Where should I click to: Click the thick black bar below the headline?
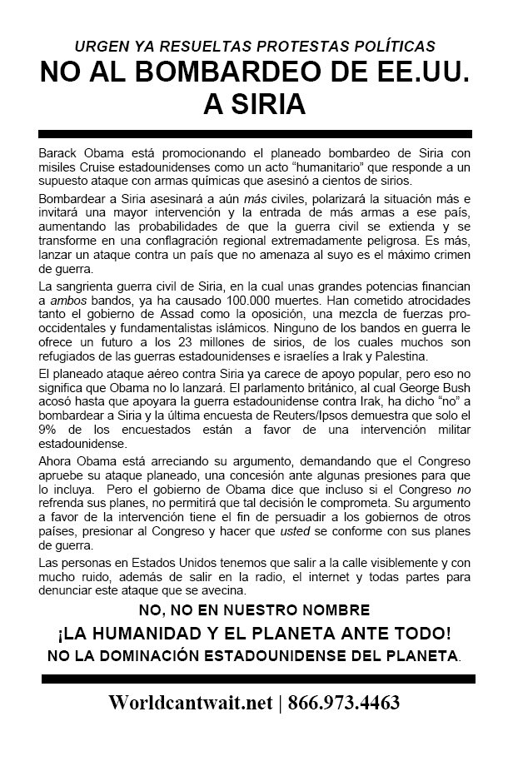pos(256,134)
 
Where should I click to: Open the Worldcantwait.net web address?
pos(191,702)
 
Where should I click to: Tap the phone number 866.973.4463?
pos(343,702)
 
